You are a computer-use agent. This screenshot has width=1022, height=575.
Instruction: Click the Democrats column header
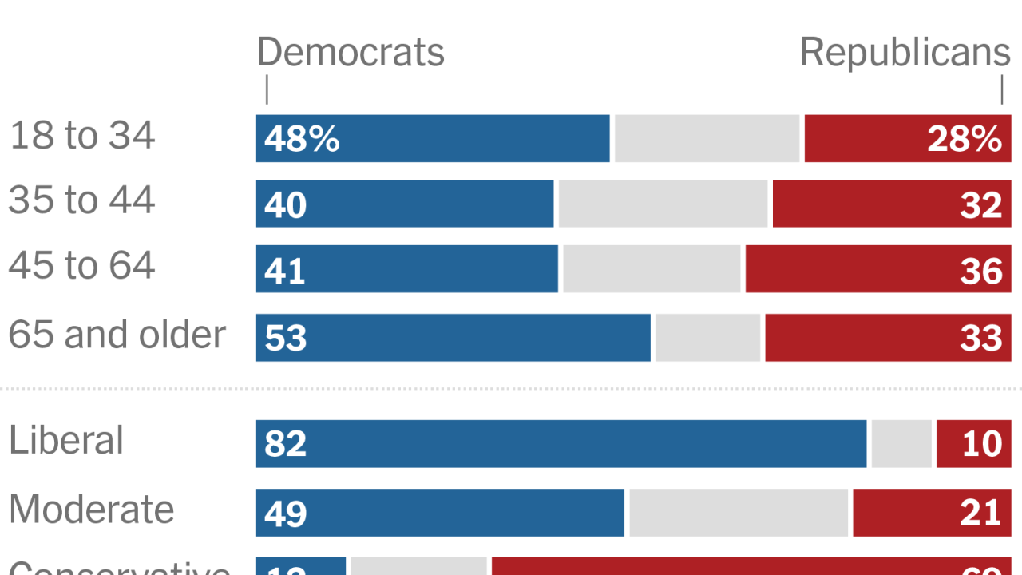(x=350, y=53)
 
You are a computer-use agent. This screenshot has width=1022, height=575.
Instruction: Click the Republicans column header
(x=905, y=53)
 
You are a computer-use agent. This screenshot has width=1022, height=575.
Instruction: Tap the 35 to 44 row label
(x=82, y=200)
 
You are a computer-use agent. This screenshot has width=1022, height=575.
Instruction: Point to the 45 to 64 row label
(x=82, y=265)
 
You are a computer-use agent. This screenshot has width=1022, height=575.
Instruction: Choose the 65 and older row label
(x=117, y=334)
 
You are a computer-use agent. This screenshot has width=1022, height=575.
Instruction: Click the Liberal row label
(x=67, y=441)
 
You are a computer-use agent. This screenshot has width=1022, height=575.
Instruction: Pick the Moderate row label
(x=92, y=510)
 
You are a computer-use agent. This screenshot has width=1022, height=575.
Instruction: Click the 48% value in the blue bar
(x=302, y=140)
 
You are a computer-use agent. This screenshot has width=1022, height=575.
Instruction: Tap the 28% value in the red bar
(x=964, y=140)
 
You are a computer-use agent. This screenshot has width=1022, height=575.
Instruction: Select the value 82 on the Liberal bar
(x=285, y=444)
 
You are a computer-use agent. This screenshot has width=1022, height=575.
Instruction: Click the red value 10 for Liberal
(x=981, y=444)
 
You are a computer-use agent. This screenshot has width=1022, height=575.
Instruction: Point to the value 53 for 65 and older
(x=285, y=338)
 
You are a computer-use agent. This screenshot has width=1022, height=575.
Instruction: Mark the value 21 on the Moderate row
(x=981, y=513)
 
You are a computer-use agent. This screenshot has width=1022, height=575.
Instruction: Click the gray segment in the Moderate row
(x=739, y=513)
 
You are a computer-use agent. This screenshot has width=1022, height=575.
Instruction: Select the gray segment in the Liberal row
(x=901, y=444)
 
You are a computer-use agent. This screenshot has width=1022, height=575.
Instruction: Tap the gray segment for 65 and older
(x=707, y=338)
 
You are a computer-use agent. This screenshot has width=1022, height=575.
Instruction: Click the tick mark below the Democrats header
(x=267, y=90)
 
